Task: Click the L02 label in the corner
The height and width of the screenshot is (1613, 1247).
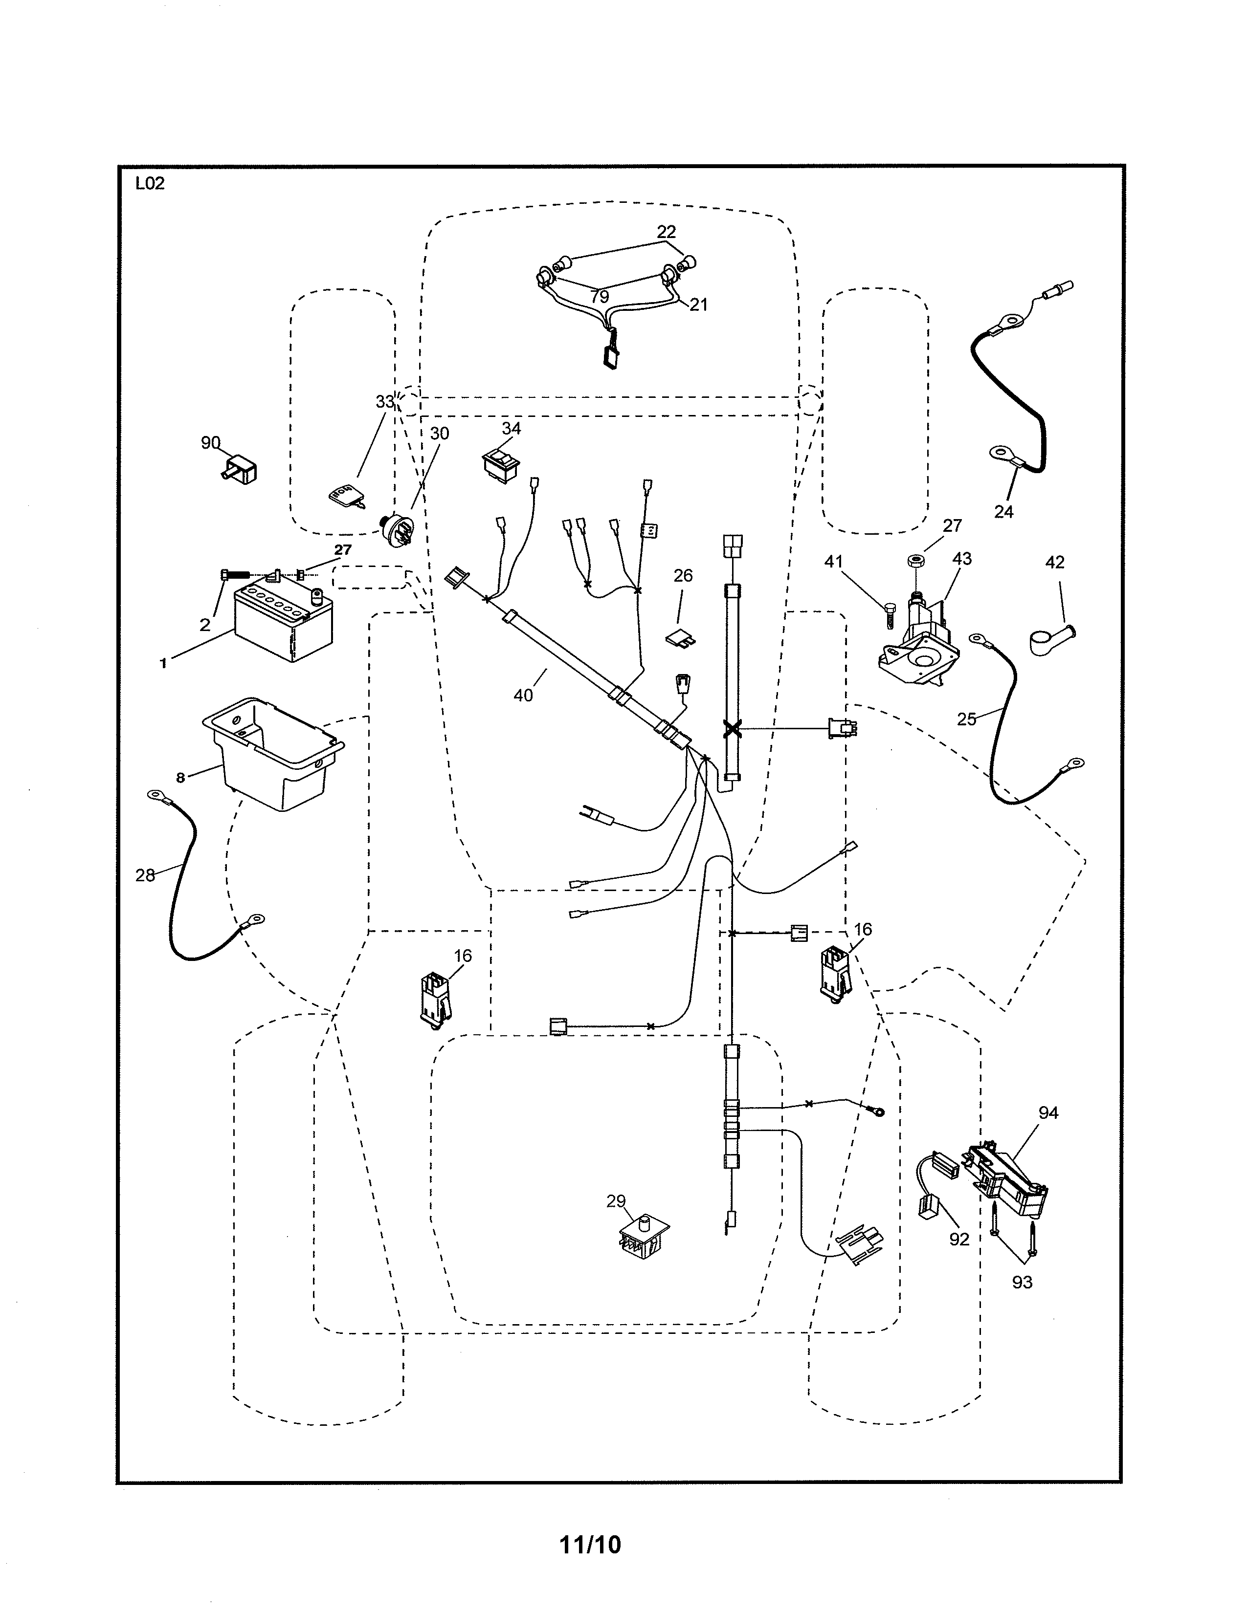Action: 150,184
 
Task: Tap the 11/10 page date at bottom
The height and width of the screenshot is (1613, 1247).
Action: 590,1544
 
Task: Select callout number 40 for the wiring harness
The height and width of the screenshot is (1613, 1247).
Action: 523,695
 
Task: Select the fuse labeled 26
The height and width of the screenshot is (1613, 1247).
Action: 682,635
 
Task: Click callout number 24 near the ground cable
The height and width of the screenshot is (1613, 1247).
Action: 1003,511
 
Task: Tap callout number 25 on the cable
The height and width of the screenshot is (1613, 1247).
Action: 966,719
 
